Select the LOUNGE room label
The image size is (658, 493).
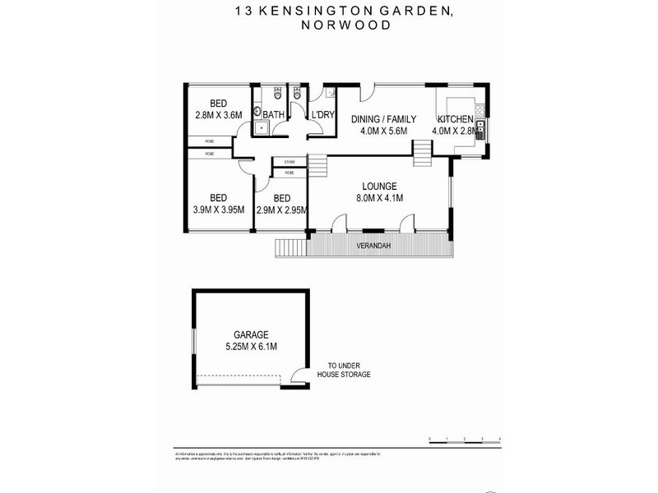378,186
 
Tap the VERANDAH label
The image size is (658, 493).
373,246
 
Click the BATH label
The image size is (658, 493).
274,116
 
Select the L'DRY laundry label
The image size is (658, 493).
322,116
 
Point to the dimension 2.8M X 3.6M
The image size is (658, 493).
218,115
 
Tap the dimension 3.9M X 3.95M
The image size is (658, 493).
218,210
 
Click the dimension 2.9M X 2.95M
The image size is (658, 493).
281,210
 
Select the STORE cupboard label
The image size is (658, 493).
290,163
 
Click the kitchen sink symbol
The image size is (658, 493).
480,127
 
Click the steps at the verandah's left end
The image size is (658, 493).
289,246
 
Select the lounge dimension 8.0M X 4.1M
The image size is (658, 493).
378,198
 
